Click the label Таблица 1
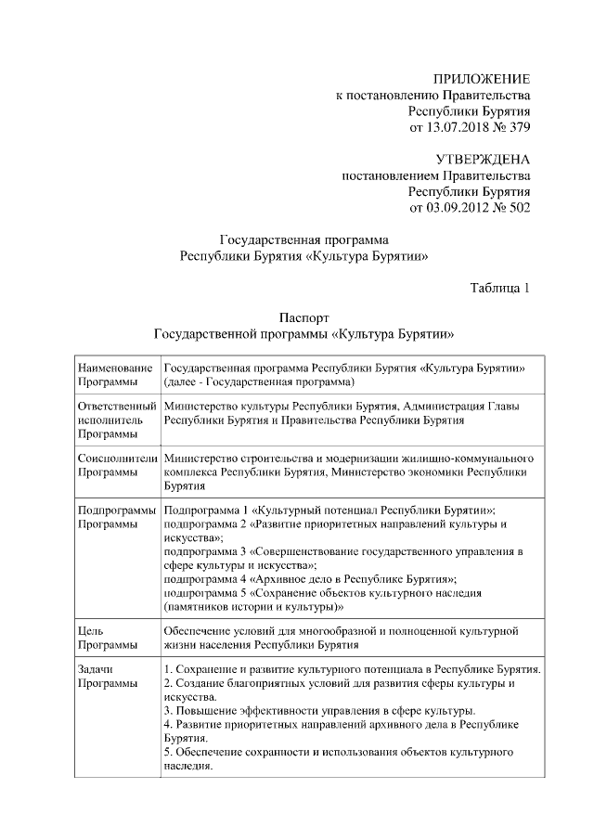pyautogui.click(x=499, y=287)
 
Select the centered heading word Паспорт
pyautogui.click(x=304, y=317)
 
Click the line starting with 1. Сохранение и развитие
pyautogui.click(x=352, y=669)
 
